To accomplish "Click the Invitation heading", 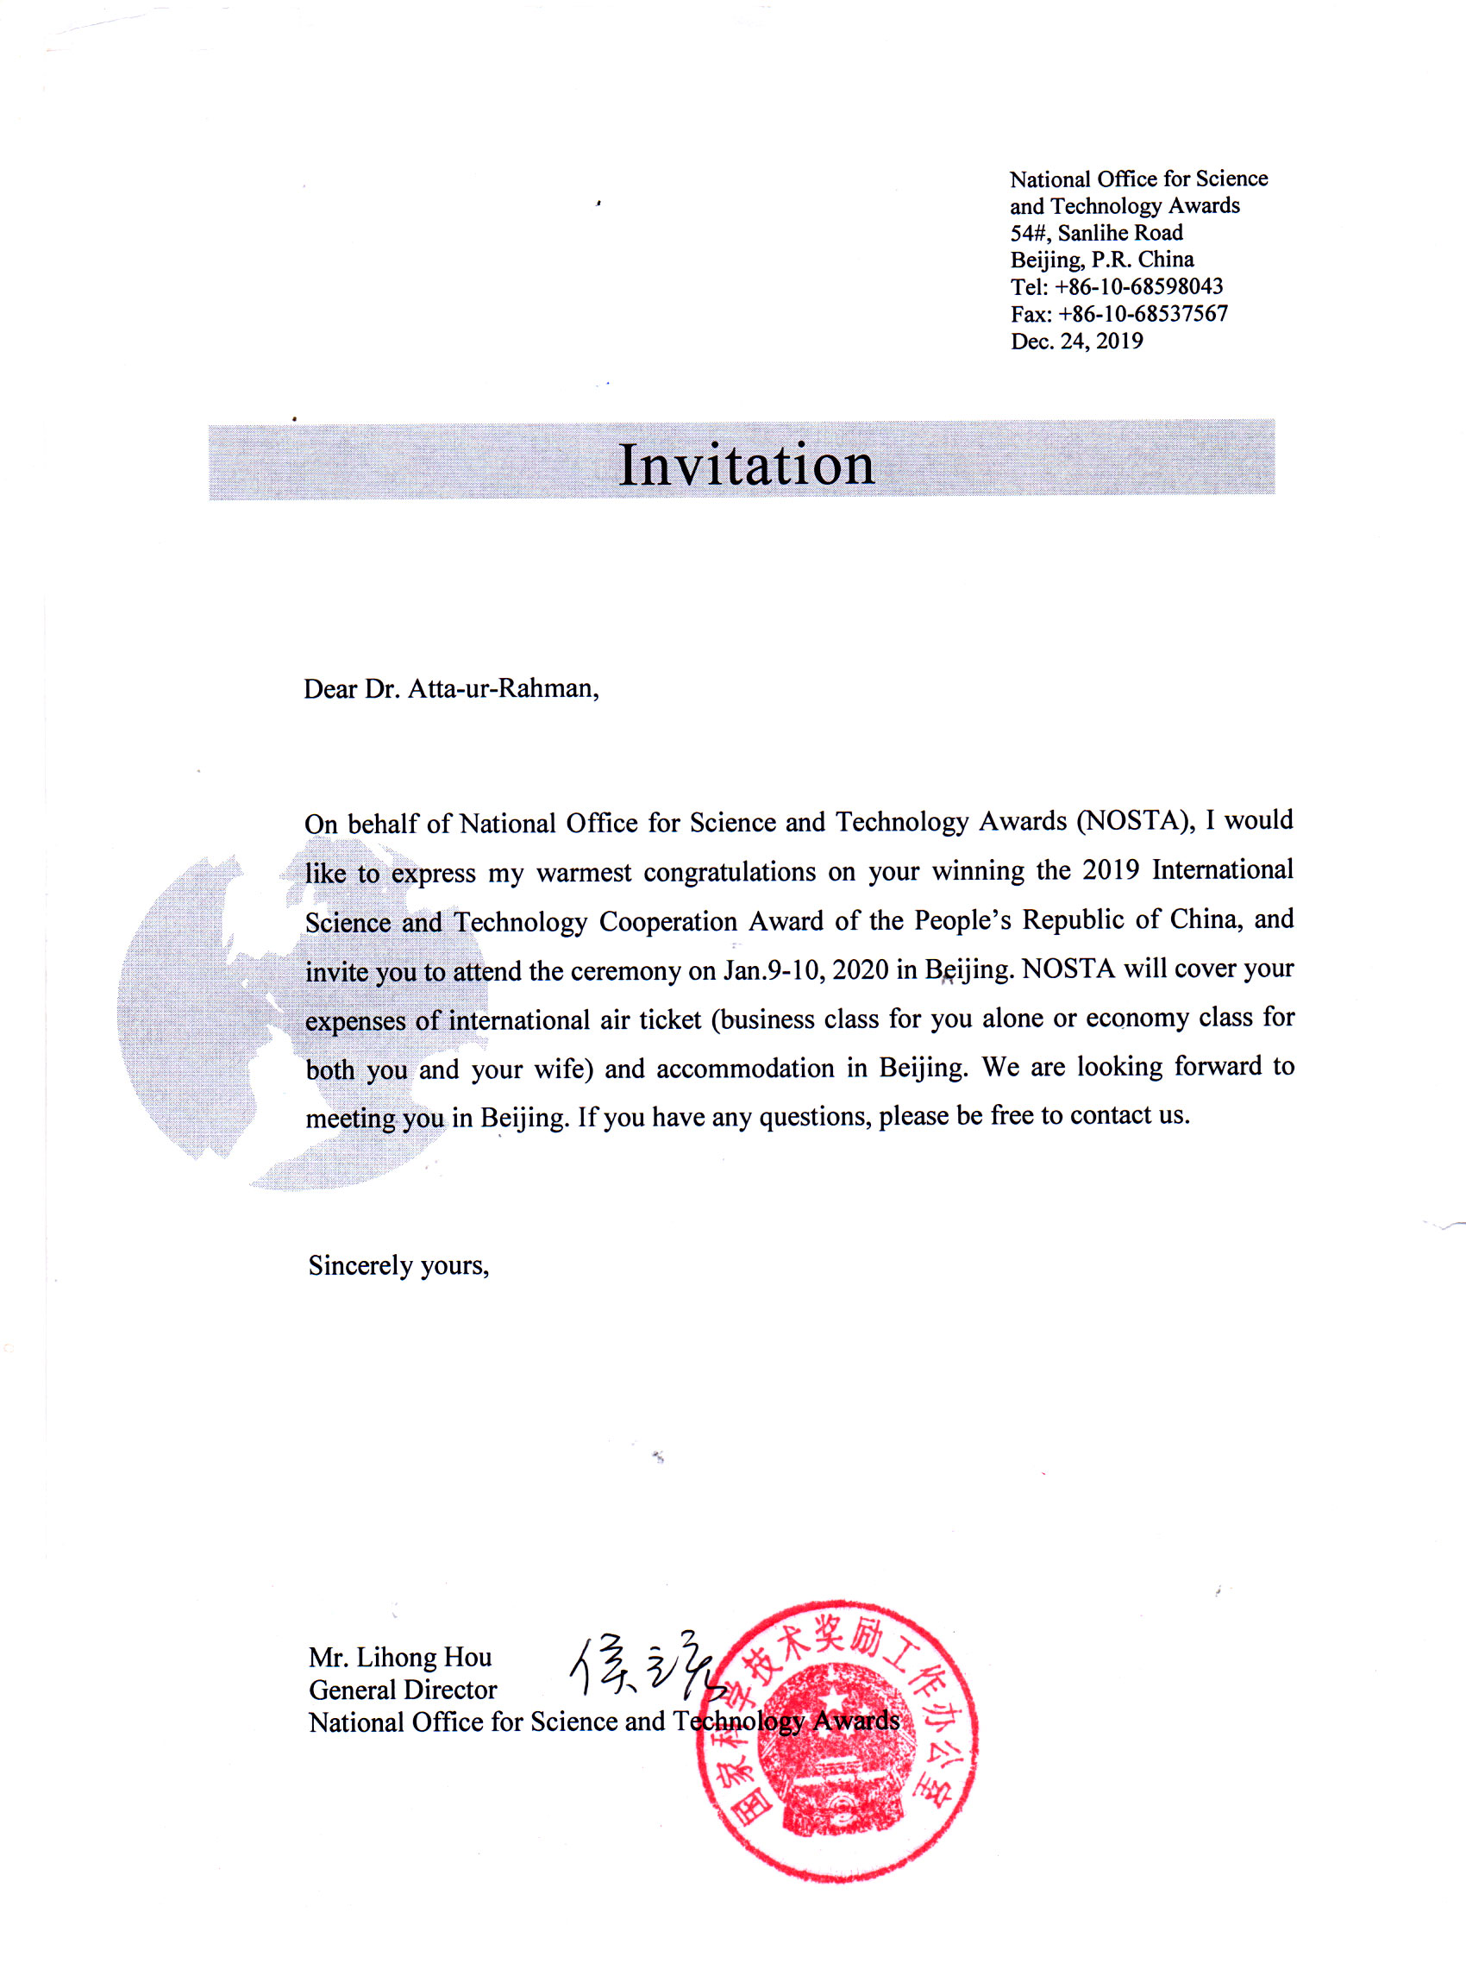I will point(745,465).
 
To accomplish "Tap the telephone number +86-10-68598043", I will point(1138,286).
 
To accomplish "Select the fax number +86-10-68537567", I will point(1143,314).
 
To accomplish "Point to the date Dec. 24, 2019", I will point(1076,342).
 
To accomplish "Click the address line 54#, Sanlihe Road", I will point(1096,233).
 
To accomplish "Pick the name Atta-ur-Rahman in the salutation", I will point(502,688).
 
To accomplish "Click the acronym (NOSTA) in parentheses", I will point(1135,821).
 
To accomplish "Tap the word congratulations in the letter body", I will point(730,872).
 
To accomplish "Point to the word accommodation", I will point(744,1069).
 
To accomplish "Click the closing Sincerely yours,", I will point(398,1265).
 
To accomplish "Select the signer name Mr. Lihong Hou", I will point(400,1657).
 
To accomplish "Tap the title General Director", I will point(403,1690).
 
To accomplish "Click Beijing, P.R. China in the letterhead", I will point(1101,260).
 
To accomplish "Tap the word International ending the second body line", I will point(1222,869).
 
